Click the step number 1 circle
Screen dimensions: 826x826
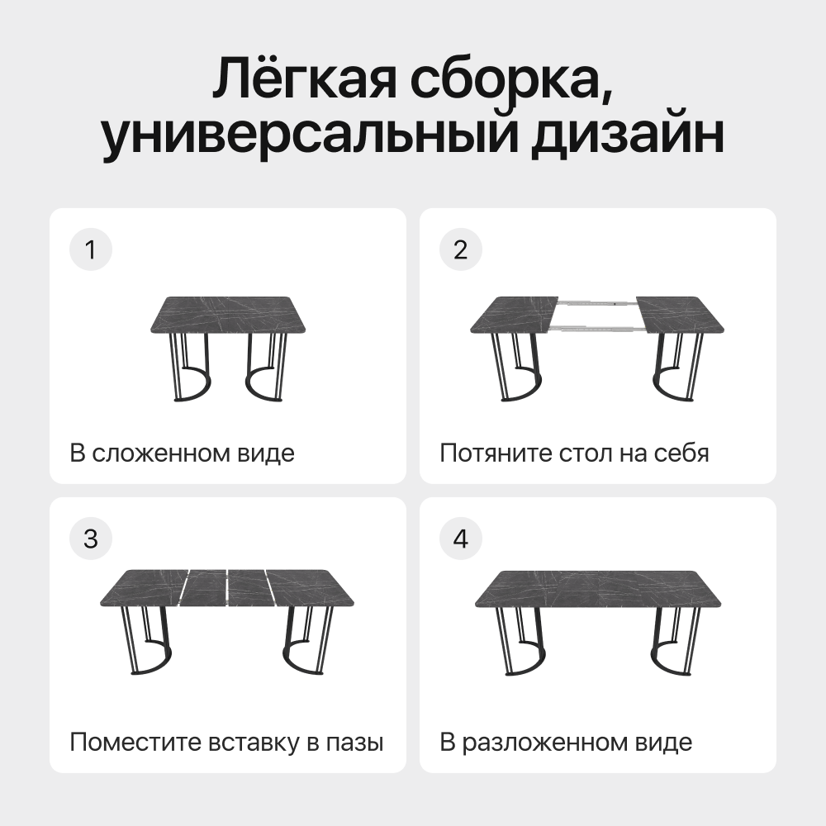(91, 250)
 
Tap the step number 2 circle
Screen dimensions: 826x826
(461, 250)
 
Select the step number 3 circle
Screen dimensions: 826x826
(91, 539)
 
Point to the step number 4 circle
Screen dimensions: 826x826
(461, 539)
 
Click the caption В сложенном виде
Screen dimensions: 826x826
(182, 453)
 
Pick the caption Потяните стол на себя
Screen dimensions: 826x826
(574, 453)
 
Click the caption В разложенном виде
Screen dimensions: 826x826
(566, 743)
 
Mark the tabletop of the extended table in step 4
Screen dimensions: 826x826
(599, 589)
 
